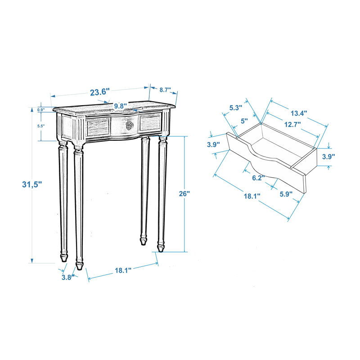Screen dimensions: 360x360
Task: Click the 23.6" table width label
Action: click(x=99, y=92)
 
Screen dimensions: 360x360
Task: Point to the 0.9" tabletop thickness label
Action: click(x=41, y=110)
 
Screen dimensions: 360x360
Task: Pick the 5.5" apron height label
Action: click(x=41, y=126)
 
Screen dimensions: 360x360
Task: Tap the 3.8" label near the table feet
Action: click(x=67, y=277)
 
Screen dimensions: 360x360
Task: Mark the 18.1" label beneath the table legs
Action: click(x=122, y=270)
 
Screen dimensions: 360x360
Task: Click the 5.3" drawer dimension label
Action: click(x=236, y=108)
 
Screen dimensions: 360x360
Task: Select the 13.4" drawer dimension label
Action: click(x=298, y=113)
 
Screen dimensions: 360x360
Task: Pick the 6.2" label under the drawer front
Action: click(x=258, y=178)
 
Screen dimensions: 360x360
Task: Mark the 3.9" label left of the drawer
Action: click(x=213, y=144)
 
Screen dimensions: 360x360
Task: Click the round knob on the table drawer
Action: click(x=130, y=125)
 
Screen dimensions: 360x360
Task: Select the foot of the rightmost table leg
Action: click(x=161, y=247)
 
